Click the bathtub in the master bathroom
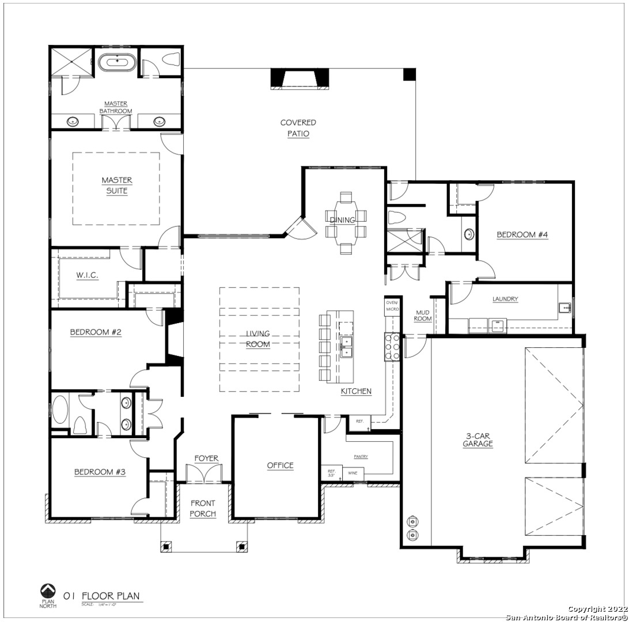pos(117,62)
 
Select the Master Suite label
pos(117,185)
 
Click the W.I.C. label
pos(87,275)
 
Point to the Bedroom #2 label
pos(96,332)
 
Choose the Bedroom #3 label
pos(100,472)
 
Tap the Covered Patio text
pos(298,128)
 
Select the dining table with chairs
pos(346,223)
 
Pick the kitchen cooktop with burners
pos(392,347)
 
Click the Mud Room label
pos(423,315)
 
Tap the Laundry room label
pos(505,299)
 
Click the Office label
pos(280,465)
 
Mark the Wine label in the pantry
pos(353,473)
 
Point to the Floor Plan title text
pos(111,596)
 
